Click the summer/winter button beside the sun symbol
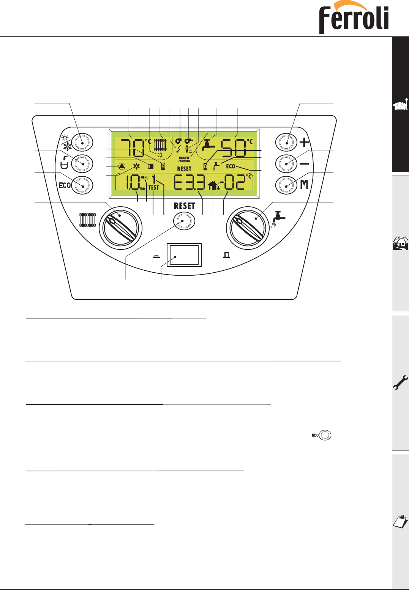tap(82, 142)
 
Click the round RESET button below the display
tap(184, 221)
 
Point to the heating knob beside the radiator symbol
tap(120, 228)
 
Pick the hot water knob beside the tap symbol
tap(248, 228)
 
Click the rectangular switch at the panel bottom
tap(184, 255)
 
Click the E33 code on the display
tap(189, 183)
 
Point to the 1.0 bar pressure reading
tap(133, 183)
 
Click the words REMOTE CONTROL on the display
tap(184, 160)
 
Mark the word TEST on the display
tap(154, 187)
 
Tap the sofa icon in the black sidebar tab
tap(400, 105)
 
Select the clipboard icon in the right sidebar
tap(400, 522)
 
